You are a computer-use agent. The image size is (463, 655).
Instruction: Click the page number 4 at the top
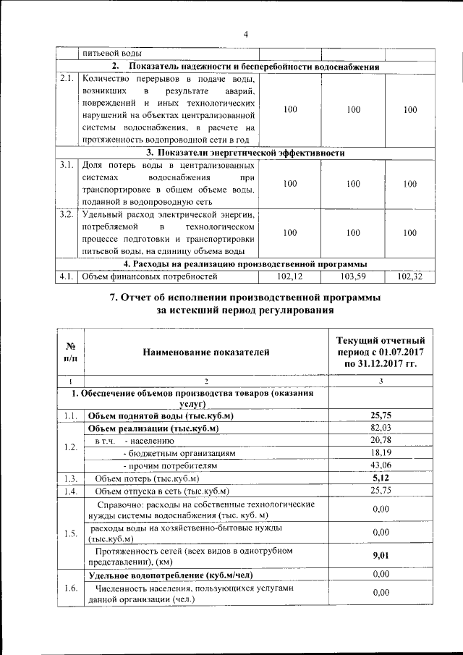pos(245,34)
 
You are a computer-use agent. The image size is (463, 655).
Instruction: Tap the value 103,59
pos(352,276)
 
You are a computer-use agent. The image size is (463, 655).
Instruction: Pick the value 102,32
pos(409,276)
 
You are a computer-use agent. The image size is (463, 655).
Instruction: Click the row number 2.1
pos(67,78)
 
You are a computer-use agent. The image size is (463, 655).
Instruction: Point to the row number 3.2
pos(67,215)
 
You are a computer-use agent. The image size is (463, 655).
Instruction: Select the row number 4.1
pos(67,276)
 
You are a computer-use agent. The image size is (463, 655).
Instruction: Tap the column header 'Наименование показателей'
pos(206,352)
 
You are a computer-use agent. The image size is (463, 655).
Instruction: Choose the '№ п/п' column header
pos(71,352)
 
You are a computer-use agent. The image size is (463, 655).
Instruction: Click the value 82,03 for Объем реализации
pos(381,428)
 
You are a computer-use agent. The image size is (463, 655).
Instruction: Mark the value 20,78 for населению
pos(381,440)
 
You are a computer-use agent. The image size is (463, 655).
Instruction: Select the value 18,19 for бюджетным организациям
pos(381,452)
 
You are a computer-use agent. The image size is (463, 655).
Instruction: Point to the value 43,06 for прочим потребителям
pos(381,465)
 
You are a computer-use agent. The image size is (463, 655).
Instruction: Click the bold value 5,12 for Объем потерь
pos(381,478)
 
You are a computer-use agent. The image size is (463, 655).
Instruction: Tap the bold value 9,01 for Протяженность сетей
pos(381,556)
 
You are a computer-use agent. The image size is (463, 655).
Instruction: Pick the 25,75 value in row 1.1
pos(381,415)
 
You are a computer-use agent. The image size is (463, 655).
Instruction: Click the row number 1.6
pos(70,587)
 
